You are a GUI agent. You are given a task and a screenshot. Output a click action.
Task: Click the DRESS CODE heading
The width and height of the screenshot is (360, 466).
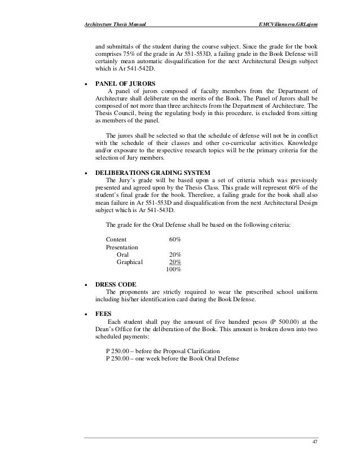(x=116, y=284)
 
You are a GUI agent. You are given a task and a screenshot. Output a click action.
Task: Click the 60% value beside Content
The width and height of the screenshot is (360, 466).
(x=175, y=239)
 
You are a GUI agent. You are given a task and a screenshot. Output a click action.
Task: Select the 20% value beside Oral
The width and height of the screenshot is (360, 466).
(x=175, y=254)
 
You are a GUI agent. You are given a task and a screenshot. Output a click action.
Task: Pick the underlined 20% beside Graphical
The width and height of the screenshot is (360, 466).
(x=175, y=262)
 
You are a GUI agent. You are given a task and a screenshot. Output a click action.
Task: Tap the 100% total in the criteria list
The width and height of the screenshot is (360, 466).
(x=173, y=270)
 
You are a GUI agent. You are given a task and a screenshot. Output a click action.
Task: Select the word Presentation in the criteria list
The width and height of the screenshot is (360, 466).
(x=122, y=247)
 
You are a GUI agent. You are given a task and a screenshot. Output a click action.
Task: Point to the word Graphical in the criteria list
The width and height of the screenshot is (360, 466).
(x=129, y=262)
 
